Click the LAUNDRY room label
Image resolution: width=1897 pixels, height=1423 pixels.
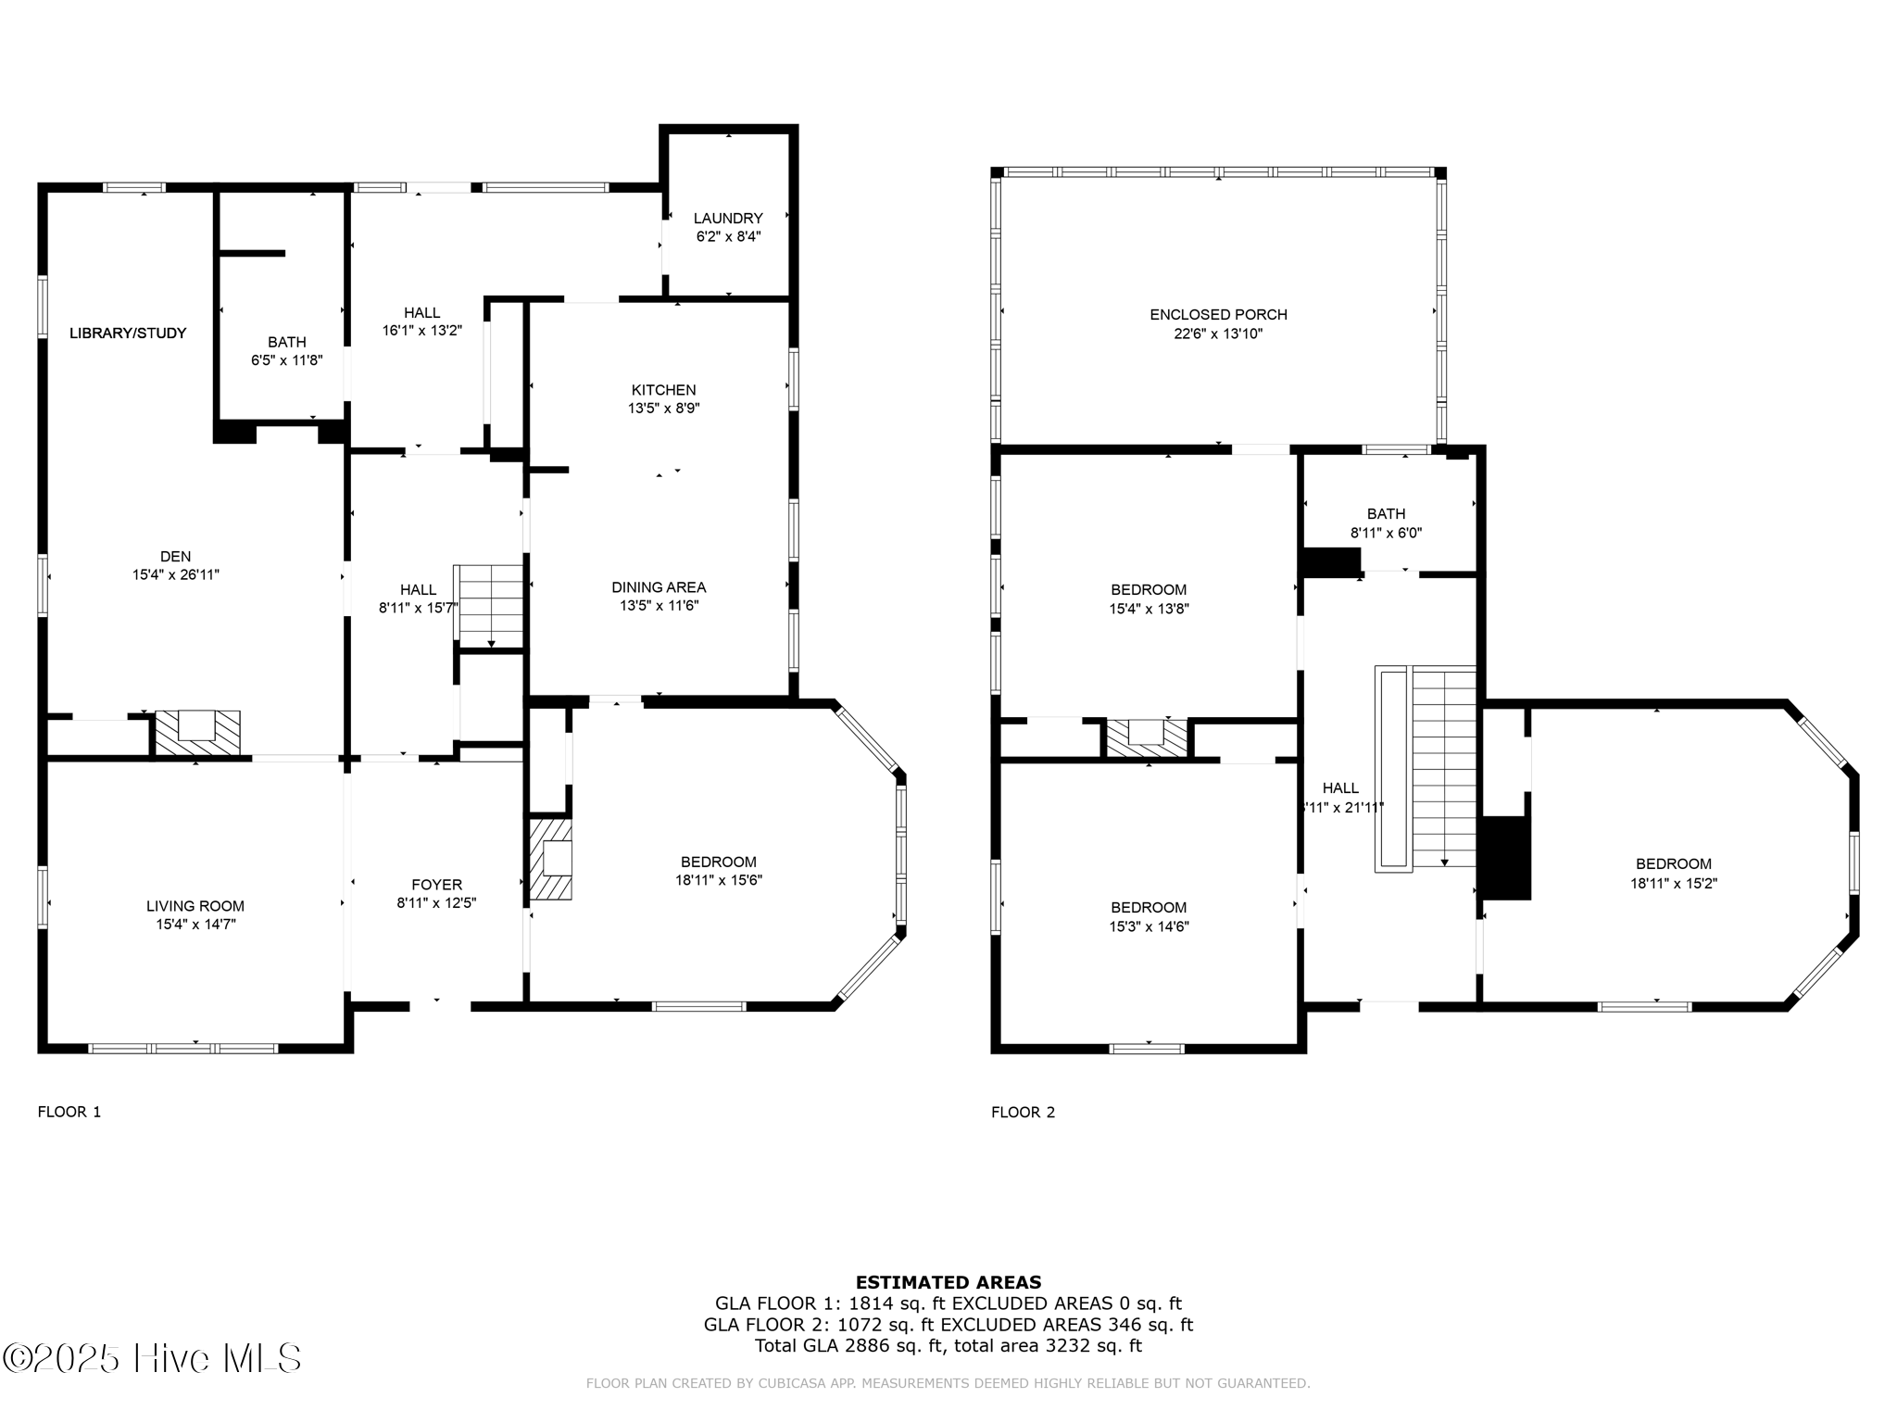[728, 219]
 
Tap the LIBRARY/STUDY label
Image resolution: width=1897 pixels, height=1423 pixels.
[128, 334]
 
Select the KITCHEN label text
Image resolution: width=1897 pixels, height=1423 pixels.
[663, 390]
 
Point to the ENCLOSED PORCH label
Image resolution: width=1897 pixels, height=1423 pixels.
[1218, 315]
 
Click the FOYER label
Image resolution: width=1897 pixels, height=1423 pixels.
[436, 885]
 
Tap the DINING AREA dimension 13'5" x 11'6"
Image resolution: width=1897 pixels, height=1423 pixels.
[659, 606]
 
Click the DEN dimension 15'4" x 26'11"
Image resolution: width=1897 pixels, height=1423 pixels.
[176, 575]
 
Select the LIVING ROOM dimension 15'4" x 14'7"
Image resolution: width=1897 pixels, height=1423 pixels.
[195, 925]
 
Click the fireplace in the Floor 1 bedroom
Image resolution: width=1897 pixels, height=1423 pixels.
[550, 859]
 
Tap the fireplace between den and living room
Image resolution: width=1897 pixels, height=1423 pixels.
[197, 733]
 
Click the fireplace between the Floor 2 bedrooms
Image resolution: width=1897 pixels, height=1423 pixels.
[1147, 739]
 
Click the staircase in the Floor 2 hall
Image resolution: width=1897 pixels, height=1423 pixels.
[1426, 768]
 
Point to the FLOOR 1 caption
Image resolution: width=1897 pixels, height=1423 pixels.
[69, 1112]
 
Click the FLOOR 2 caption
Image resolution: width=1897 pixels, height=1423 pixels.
[1024, 1112]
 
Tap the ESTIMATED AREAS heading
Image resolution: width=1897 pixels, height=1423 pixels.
[948, 1282]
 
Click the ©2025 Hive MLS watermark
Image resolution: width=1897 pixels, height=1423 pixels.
[152, 1358]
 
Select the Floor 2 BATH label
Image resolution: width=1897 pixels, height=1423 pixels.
[1386, 514]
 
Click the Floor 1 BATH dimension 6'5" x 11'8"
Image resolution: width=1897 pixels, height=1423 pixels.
[287, 360]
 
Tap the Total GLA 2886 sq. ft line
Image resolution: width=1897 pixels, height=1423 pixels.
[948, 1346]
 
